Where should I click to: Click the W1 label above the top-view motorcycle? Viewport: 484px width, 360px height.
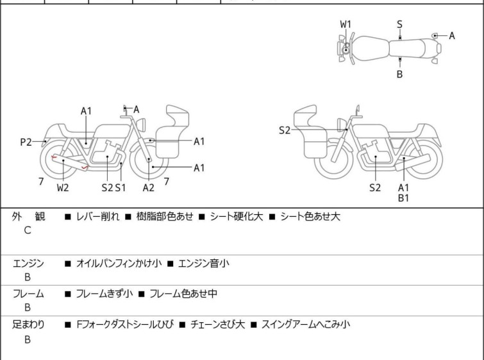[346, 24]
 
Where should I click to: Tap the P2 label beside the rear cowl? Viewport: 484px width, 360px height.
[26, 142]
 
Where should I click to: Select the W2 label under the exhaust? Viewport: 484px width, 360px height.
[63, 187]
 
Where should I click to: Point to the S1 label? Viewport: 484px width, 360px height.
[121, 187]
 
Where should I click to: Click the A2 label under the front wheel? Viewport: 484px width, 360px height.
[149, 187]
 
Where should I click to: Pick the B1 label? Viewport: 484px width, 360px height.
[403, 198]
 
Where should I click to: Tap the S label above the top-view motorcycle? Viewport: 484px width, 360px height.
[399, 24]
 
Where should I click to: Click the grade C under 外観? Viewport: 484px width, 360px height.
[28, 230]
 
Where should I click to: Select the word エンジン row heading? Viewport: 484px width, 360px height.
[28, 263]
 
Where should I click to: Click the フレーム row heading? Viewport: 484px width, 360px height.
[28, 294]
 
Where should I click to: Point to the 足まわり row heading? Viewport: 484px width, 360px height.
[28, 325]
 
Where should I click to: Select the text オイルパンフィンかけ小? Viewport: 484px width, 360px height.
[119, 263]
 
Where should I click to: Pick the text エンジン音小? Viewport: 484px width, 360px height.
[204, 263]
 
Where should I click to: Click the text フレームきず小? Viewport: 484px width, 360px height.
[104, 294]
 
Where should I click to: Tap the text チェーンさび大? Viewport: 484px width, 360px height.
[217, 325]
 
